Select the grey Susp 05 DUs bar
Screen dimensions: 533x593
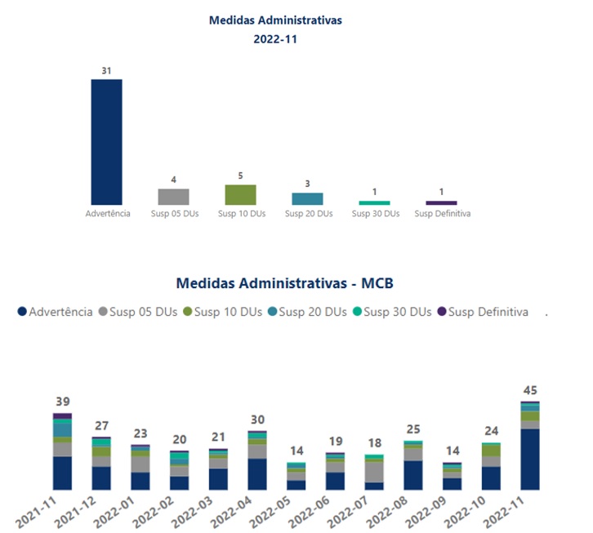click(x=173, y=197)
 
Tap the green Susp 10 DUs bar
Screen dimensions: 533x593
click(x=240, y=194)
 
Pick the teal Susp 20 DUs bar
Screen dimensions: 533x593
click(x=307, y=198)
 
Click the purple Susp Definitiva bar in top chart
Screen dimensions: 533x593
click(x=441, y=202)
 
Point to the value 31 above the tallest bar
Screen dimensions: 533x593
click(x=106, y=71)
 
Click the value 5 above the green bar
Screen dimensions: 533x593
click(x=240, y=175)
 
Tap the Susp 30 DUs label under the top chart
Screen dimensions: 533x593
click(x=375, y=214)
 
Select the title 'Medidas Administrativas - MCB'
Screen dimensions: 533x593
click(x=285, y=283)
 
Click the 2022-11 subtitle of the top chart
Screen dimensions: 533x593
click(x=275, y=38)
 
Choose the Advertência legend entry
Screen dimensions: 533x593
click(x=55, y=312)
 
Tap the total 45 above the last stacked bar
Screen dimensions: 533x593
click(x=530, y=390)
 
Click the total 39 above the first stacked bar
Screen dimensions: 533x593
click(x=63, y=402)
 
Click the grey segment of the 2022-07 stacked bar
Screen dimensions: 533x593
click(x=374, y=472)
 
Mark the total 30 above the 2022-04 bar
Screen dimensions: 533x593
click(x=257, y=420)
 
